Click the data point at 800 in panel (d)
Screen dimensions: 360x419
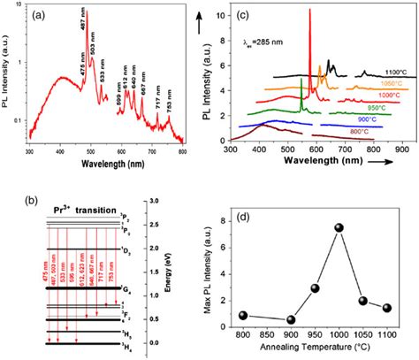point(244,316)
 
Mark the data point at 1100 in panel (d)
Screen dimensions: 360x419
point(386,307)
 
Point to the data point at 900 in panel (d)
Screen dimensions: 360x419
point(292,319)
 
